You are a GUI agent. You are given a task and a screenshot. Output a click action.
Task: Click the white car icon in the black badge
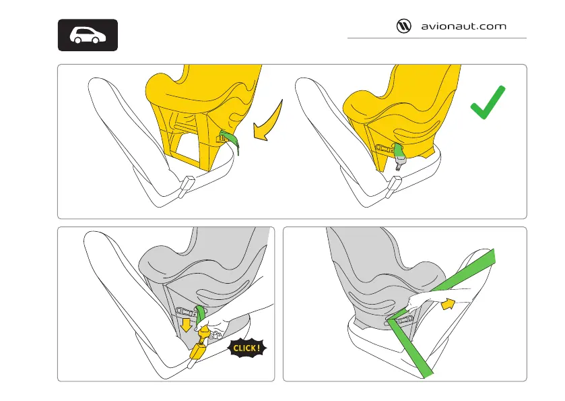click(x=88, y=35)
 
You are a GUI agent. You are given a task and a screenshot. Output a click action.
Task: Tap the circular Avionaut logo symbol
click(x=403, y=26)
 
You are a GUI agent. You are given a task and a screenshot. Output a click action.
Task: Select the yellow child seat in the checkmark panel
click(x=397, y=101)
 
